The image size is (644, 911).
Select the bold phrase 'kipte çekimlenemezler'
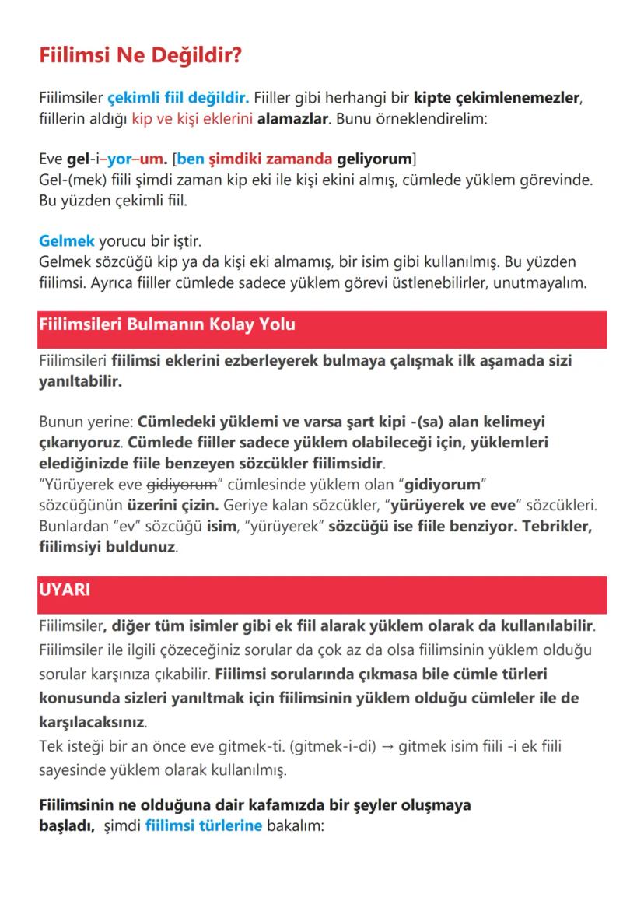[x=497, y=99]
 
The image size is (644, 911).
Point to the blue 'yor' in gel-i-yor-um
[x=120, y=159]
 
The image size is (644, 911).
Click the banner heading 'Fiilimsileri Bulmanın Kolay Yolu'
[x=166, y=324]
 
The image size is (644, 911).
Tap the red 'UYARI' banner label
[x=64, y=590]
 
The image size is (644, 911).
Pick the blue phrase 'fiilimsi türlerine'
[x=203, y=825]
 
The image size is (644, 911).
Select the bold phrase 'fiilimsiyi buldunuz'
[x=107, y=547]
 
